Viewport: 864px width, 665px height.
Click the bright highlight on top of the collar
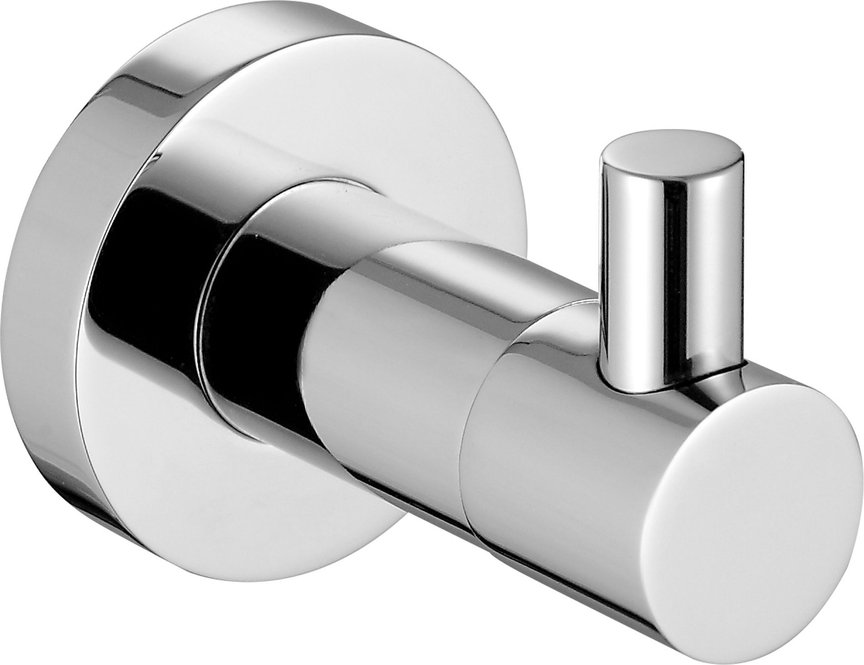tap(317, 199)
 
